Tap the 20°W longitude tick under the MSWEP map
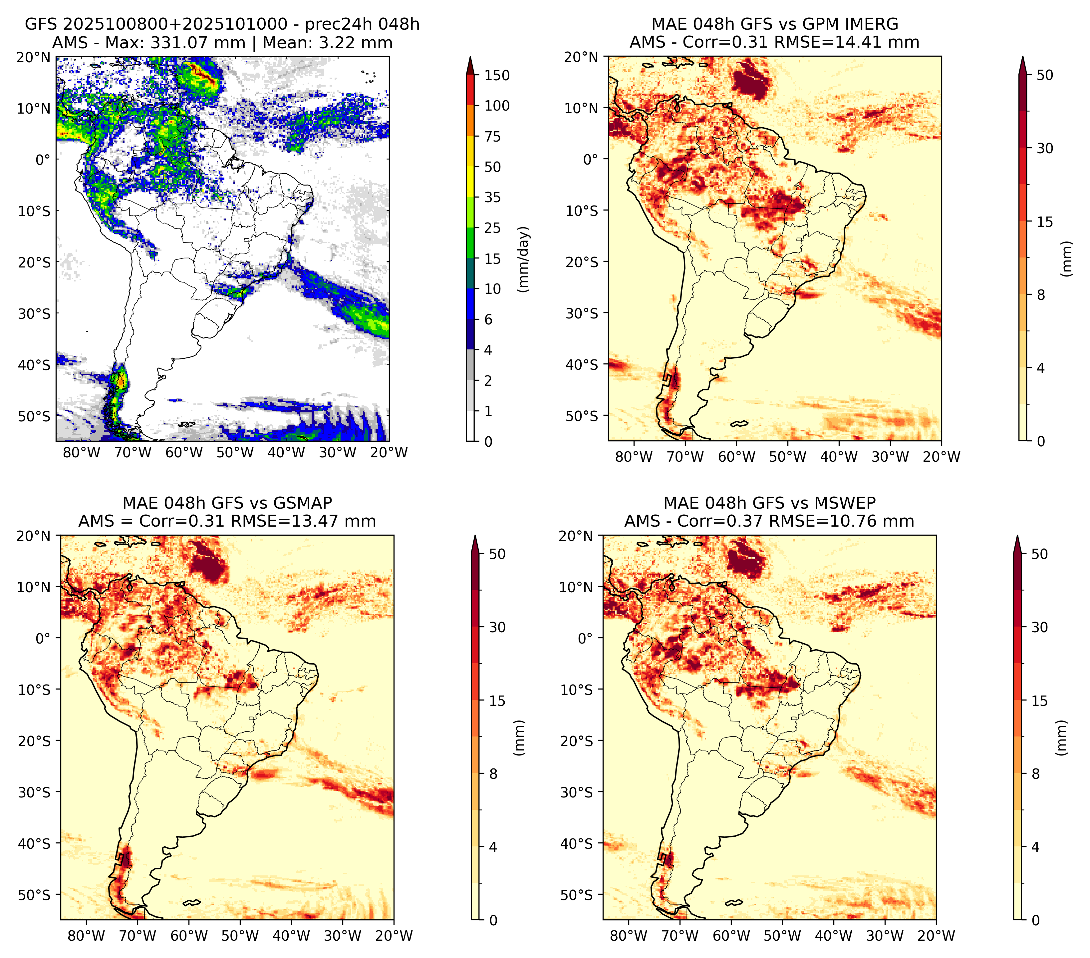click(936, 936)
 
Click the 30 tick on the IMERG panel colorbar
click(1045, 148)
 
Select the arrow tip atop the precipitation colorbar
click(470, 57)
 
